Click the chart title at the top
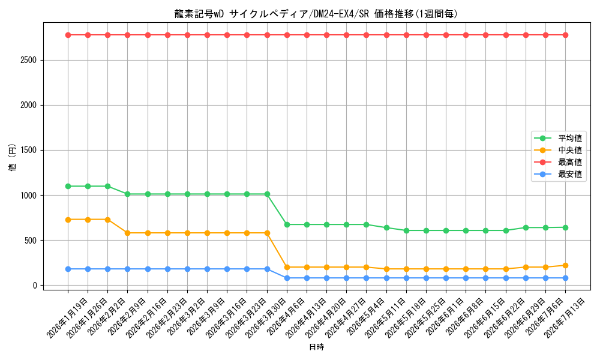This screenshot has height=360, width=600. (316, 14)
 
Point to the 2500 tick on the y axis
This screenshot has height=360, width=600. (29, 61)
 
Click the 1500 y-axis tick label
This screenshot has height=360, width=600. (29, 151)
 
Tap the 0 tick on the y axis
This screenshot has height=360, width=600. (35, 286)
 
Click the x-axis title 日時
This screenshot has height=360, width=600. (316, 347)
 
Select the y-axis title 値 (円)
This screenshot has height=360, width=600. (13, 157)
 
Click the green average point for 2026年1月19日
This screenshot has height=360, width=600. (68, 187)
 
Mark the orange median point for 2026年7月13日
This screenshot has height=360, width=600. (565, 266)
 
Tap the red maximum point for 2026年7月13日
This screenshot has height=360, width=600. (565, 35)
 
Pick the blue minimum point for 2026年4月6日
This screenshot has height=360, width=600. (287, 278)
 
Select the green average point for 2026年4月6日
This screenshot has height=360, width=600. (287, 224)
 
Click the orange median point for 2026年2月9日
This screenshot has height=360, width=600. (127, 233)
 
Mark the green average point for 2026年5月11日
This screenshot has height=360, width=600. (386, 227)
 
